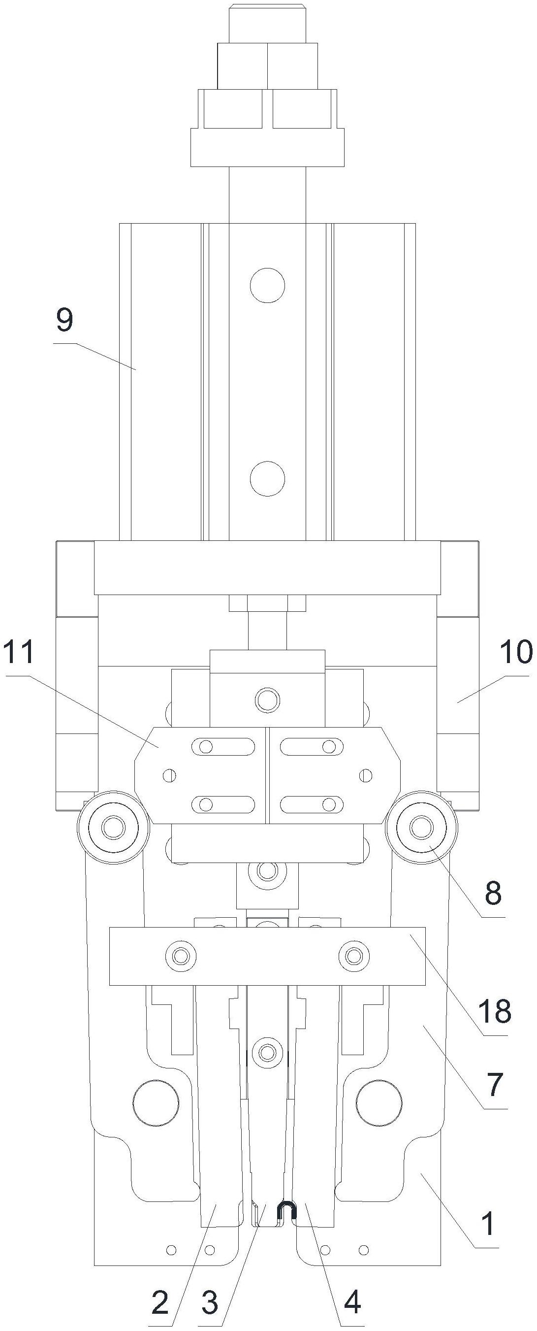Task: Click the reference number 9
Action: click(65, 321)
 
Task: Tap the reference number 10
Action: click(516, 652)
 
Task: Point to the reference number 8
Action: click(493, 893)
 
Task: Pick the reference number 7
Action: click(495, 1084)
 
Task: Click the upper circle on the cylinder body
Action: click(267, 285)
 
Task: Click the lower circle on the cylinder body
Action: click(267, 478)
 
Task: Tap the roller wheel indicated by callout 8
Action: click(422, 827)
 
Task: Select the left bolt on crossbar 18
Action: click(181, 955)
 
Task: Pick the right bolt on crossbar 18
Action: click(354, 955)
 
